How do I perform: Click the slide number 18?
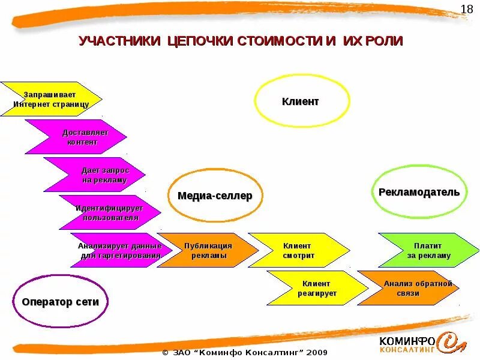pos(467,9)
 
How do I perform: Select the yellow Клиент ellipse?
pos(302,101)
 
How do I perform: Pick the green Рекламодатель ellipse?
pos(419,193)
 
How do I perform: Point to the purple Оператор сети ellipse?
pos(60,301)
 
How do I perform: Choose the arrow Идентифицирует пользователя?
pos(111,212)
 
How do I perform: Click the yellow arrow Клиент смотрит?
pos(297,250)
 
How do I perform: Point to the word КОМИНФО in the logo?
pos(405,340)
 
